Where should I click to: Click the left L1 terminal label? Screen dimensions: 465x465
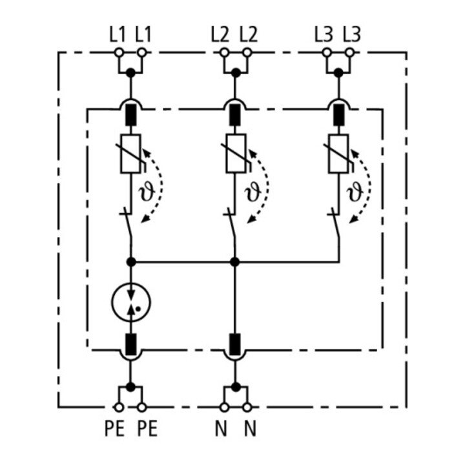click(118, 34)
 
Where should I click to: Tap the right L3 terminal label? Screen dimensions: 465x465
click(352, 34)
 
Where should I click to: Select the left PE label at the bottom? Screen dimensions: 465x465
click(114, 428)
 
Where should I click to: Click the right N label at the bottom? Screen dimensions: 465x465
click(250, 428)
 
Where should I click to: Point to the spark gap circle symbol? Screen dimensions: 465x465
click(130, 302)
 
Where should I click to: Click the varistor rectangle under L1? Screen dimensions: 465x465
click(130, 154)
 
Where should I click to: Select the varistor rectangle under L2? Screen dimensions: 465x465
click(236, 154)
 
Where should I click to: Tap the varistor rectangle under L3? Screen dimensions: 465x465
click(338, 154)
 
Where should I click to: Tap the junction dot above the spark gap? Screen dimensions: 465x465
click(130, 262)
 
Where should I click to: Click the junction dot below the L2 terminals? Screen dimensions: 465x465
click(236, 72)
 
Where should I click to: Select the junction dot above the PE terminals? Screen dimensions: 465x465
click(130, 387)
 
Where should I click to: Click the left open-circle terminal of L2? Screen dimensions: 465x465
click(225, 53)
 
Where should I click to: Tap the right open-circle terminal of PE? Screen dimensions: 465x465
click(142, 407)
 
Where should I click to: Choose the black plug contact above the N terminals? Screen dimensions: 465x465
click(235, 344)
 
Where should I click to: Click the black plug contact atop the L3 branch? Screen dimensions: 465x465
click(339, 115)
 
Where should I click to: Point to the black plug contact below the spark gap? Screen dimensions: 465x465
click(130, 344)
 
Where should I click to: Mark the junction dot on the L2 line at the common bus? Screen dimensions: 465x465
click(235, 262)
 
